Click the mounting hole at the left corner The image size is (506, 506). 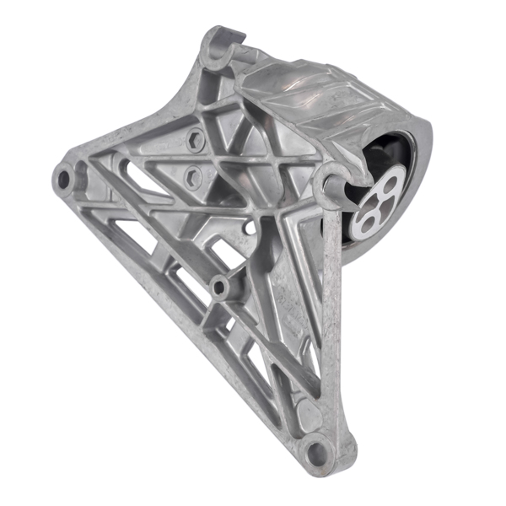click(x=62, y=178)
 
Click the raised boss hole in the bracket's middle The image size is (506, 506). click(x=221, y=287)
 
